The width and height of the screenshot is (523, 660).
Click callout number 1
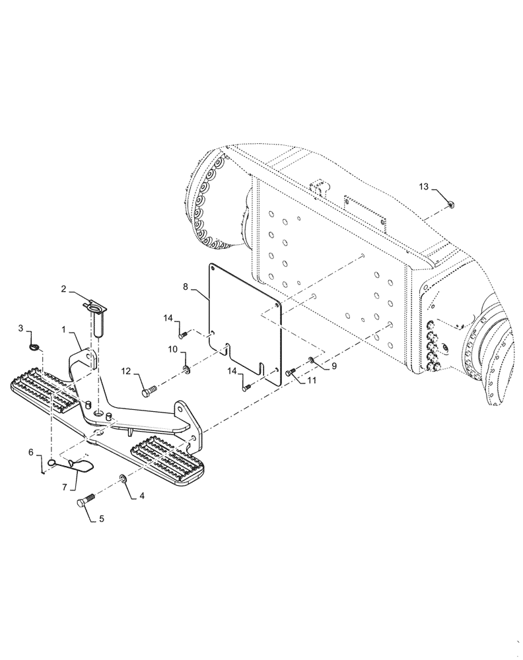pos(65,328)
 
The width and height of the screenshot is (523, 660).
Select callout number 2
pos(65,289)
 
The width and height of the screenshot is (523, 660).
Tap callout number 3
pos(20,328)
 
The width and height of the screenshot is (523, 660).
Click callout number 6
pos(30,452)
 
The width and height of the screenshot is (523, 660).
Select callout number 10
pos(171,348)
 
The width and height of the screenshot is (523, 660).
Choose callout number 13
pos(423,188)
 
